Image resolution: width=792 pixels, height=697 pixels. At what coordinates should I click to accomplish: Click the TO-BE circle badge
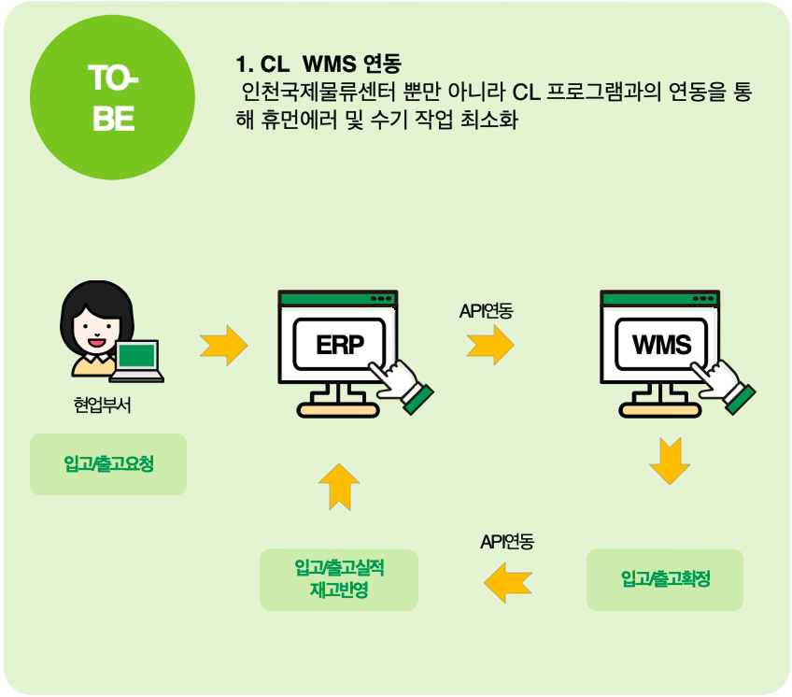[x=112, y=97]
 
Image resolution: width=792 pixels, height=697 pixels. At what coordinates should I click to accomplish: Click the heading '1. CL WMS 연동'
[x=318, y=65]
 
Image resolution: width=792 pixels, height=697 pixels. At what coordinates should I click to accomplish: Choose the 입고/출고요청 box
[x=108, y=463]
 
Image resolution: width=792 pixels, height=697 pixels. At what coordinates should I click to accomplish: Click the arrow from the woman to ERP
[x=224, y=345]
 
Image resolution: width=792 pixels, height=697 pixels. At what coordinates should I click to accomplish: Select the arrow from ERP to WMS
[x=490, y=345]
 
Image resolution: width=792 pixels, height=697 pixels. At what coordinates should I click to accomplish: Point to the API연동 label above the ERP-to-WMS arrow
[x=486, y=311]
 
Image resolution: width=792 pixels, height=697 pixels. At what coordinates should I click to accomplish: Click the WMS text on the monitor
[x=662, y=345]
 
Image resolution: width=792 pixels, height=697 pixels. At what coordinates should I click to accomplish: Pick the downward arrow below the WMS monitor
[x=670, y=459]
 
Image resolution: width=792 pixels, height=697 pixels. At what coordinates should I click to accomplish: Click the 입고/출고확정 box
[x=665, y=579]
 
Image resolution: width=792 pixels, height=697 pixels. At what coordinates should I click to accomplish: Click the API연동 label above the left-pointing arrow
[x=507, y=543]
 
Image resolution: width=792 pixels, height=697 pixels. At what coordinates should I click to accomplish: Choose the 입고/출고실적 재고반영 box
[x=339, y=579]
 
